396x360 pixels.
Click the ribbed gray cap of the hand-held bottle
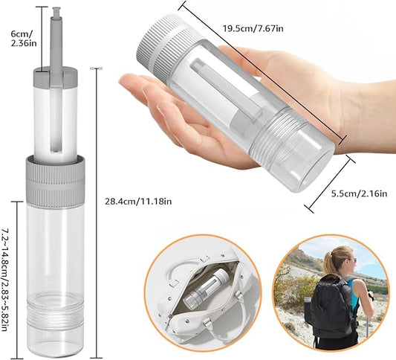click(166, 48)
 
